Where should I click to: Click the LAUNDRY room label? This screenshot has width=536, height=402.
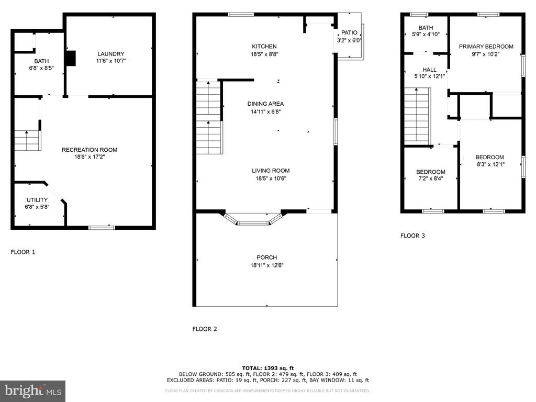tap(111, 54)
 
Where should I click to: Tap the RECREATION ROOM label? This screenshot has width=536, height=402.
tap(90, 150)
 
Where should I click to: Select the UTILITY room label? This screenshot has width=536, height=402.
tap(37, 200)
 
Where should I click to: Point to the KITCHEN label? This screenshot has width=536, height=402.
tap(264, 47)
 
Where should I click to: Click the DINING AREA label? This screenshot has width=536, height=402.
tap(265, 104)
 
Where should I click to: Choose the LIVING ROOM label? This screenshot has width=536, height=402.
tap(271, 171)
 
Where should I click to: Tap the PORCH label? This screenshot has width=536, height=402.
tap(266, 258)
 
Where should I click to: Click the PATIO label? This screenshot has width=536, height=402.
tap(349, 33)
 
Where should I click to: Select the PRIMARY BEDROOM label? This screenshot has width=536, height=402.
tap(486, 47)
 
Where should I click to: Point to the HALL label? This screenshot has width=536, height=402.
tap(429, 70)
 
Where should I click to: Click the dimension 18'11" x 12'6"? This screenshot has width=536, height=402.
tap(267, 265)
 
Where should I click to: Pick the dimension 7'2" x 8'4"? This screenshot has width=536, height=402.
tap(430, 178)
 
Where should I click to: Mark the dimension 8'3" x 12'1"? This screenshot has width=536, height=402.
tap(491, 164)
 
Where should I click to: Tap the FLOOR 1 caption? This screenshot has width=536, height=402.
tap(23, 252)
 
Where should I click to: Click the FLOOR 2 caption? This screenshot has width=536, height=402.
tap(205, 329)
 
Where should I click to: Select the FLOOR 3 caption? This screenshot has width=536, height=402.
tap(412, 236)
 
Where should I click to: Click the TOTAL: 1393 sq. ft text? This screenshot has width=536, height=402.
tap(268, 368)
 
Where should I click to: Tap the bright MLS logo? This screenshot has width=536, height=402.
tap(32, 391)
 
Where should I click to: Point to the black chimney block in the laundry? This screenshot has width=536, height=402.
tap(71, 58)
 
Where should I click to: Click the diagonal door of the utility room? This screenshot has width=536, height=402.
tap(54, 193)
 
